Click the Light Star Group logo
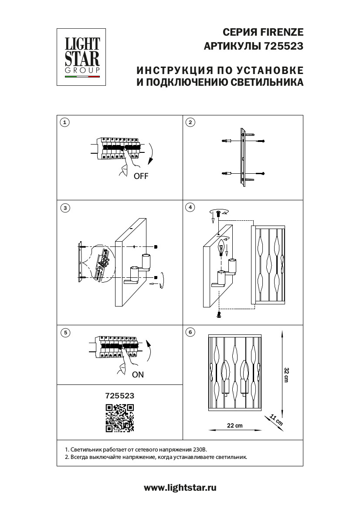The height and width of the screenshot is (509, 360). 82,57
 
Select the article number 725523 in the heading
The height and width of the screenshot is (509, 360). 283,46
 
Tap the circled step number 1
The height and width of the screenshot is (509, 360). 65,122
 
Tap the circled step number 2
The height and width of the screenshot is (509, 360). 190,122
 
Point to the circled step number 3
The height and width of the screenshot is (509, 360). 65,208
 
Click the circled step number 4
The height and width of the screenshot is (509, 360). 190,207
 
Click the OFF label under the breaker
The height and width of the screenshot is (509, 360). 141,176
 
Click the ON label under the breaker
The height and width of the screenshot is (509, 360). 137,374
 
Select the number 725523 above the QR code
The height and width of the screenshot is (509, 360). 120,396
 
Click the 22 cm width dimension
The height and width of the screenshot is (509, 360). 235,425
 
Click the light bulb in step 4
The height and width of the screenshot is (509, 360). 221,249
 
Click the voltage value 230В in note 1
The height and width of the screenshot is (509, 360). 200,449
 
